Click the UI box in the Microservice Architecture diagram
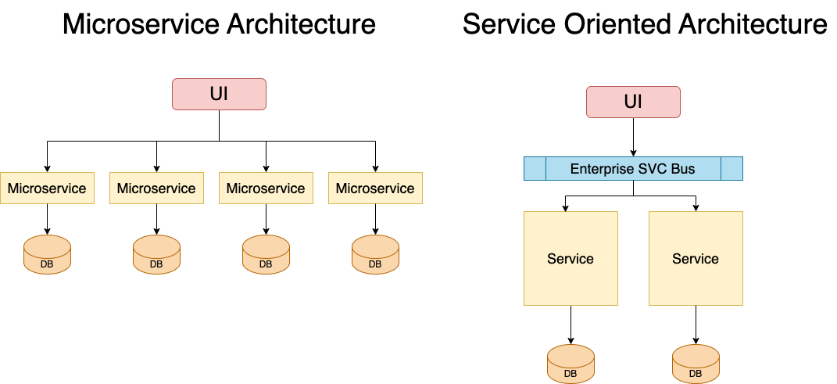219,94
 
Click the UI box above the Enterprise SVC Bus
633,102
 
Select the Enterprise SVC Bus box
633,169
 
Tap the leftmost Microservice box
47,188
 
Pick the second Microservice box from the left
156,188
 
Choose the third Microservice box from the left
266,188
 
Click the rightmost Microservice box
375,188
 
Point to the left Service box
571,258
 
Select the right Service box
696,258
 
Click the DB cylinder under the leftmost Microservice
47,254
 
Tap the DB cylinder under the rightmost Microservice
375,254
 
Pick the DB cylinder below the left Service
571,364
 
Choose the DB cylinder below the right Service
696,364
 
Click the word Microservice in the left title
141,25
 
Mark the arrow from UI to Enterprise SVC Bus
633,137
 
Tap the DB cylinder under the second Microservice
156,254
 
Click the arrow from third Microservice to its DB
266,219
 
